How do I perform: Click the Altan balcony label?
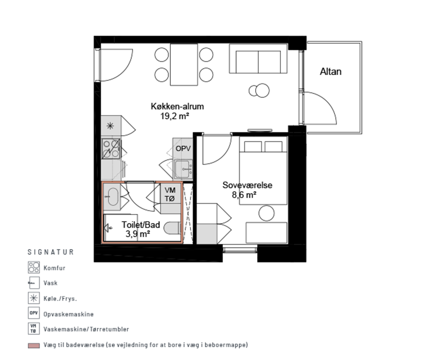click(x=330, y=71)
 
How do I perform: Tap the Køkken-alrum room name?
click(x=177, y=106)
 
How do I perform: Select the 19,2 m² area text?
click(x=174, y=116)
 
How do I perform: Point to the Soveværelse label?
click(x=247, y=185)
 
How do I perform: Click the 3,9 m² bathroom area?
click(x=138, y=234)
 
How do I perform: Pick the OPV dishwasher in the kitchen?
click(x=183, y=148)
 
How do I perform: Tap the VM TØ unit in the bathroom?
click(x=170, y=194)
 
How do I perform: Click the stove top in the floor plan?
click(x=111, y=149)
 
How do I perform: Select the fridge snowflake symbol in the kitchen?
click(x=110, y=125)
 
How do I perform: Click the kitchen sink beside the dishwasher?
click(x=183, y=169)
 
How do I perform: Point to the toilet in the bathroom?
click(x=172, y=228)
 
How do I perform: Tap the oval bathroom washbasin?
click(x=112, y=196)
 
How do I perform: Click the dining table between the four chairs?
click(x=184, y=65)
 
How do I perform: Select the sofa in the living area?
click(x=258, y=59)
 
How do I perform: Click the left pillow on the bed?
click(x=253, y=147)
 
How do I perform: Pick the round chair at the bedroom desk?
click(x=267, y=213)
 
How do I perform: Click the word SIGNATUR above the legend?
click(x=50, y=252)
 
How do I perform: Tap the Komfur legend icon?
click(x=33, y=267)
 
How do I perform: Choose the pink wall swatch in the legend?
click(x=33, y=346)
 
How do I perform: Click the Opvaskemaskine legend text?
click(x=68, y=314)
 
